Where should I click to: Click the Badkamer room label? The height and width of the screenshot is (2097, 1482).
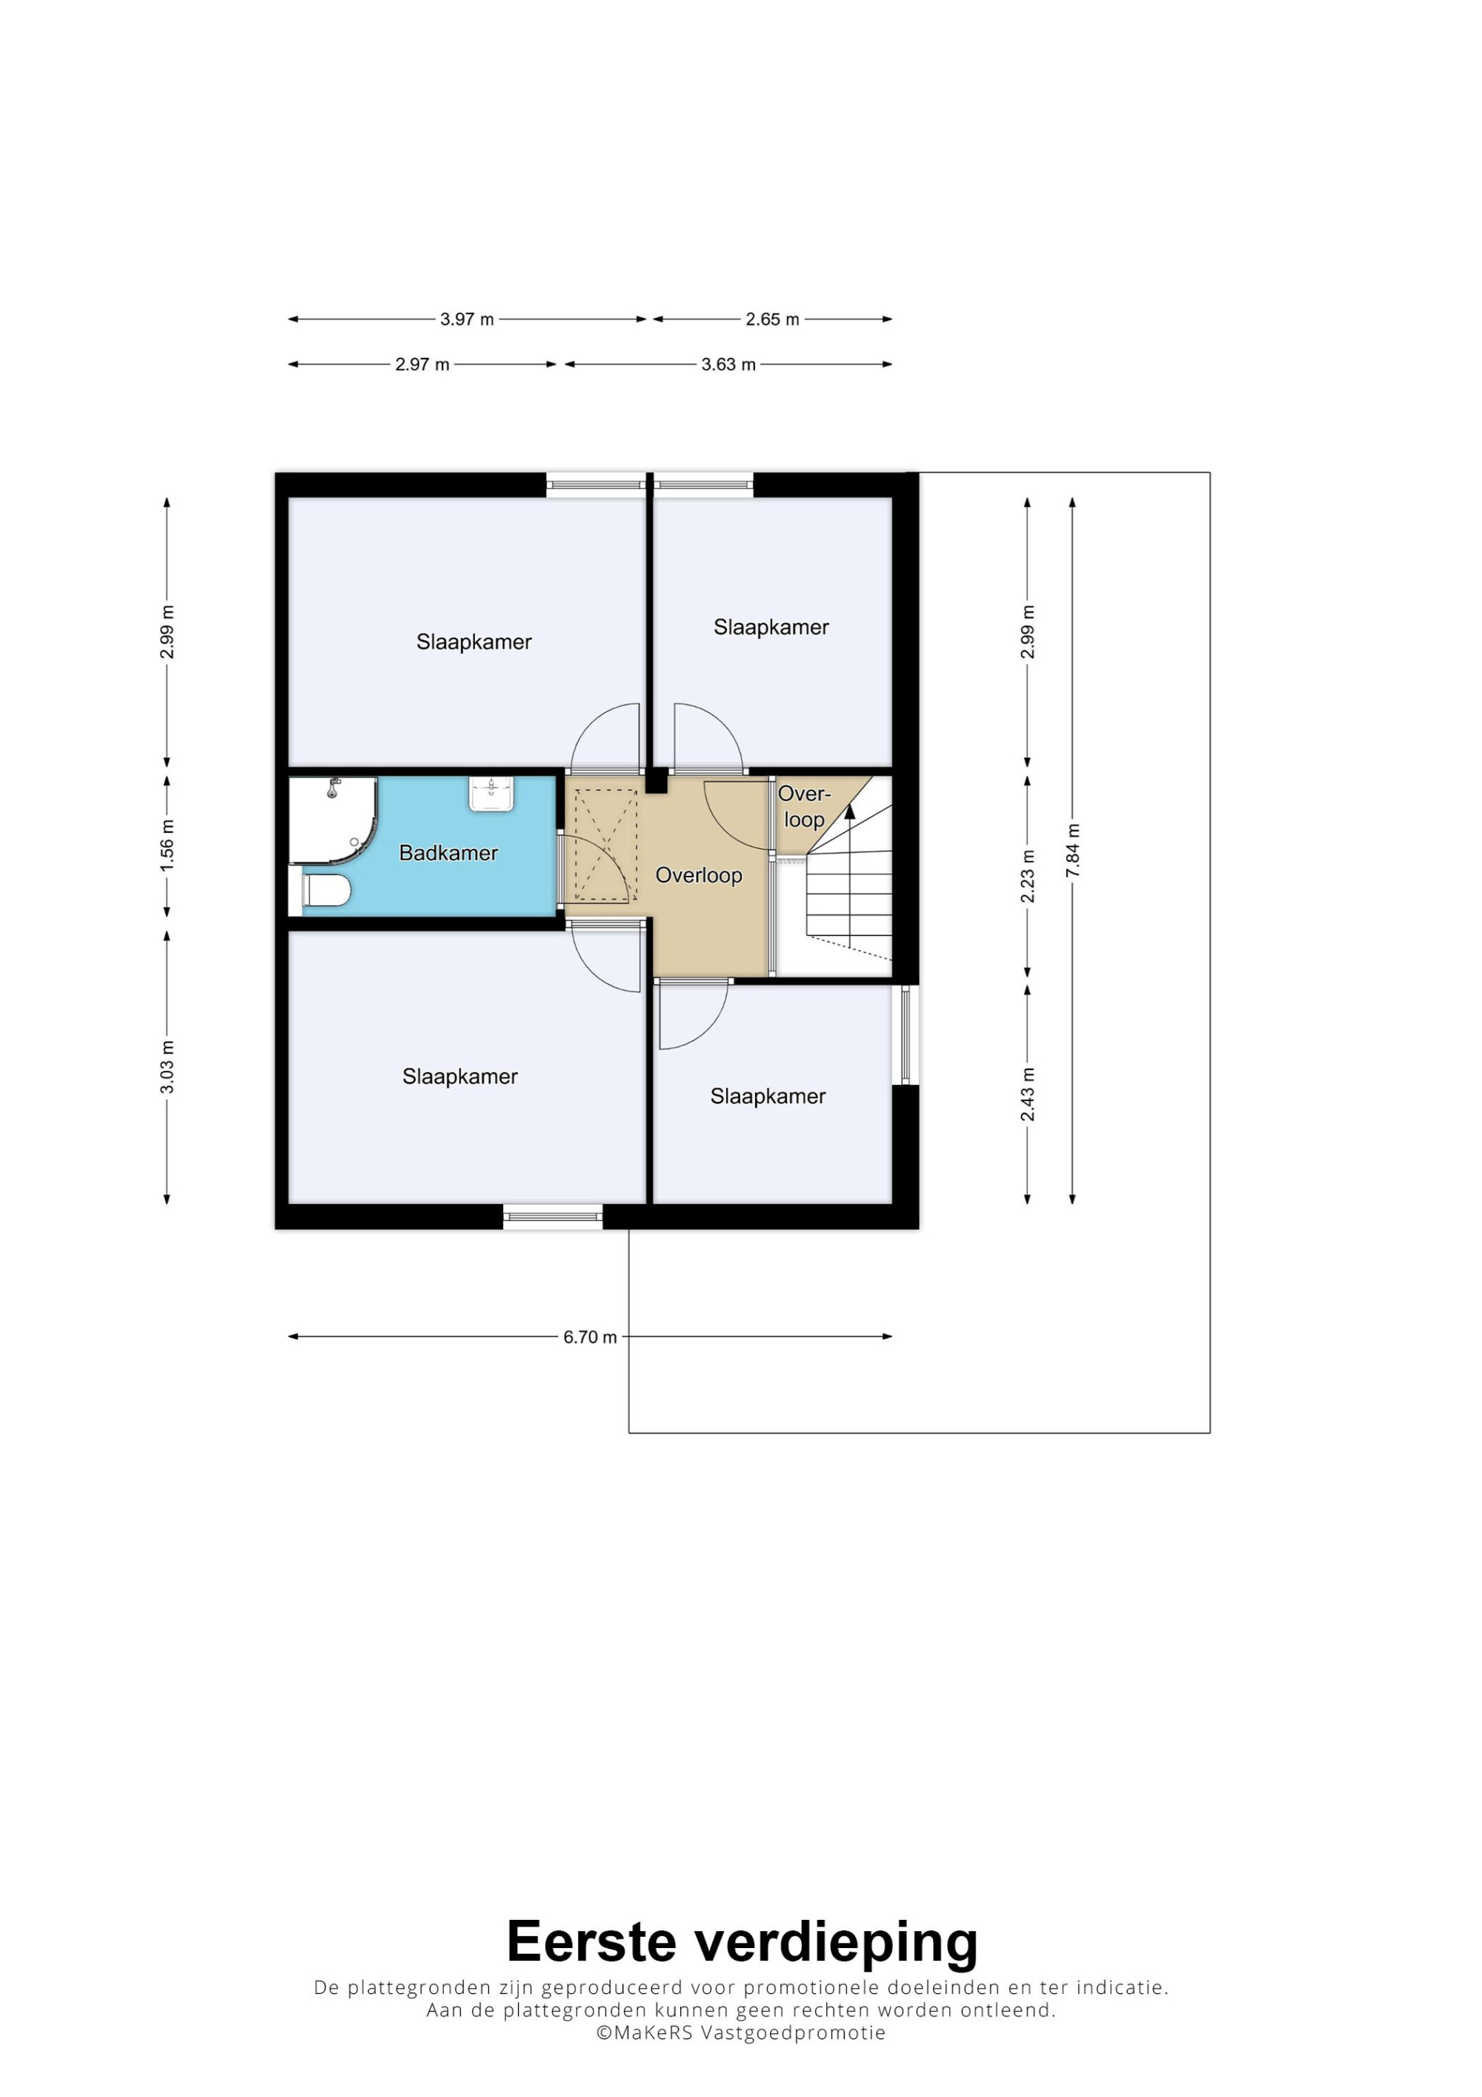click(448, 853)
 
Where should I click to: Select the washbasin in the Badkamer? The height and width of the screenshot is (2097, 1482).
click(492, 794)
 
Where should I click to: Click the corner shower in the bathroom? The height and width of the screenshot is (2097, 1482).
click(333, 820)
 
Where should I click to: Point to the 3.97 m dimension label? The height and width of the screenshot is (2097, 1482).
click(467, 319)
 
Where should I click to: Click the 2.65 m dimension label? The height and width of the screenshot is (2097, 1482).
click(773, 319)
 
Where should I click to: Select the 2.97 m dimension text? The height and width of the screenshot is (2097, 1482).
click(422, 365)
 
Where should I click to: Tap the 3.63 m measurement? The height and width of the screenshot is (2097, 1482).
click(728, 365)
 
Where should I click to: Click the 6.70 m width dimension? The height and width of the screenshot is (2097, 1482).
click(590, 1337)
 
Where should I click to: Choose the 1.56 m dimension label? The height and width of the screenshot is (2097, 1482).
click(167, 845)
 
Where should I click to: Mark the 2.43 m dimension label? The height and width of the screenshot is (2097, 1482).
click(1029, 1094)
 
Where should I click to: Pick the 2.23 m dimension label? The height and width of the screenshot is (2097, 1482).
click(1029, 876)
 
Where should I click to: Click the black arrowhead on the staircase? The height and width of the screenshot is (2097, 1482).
click(850, 810)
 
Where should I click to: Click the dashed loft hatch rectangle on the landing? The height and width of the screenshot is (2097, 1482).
click(605, 845)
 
